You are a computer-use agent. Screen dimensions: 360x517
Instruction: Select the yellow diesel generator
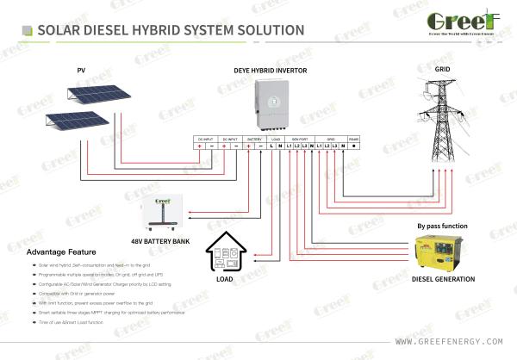tap(440, 251)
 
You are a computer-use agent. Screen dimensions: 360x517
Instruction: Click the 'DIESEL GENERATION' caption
tap(443, 279)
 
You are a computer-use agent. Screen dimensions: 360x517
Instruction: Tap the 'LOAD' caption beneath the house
tap(224, 279)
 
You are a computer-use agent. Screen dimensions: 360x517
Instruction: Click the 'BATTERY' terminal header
tap(255, 138)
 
